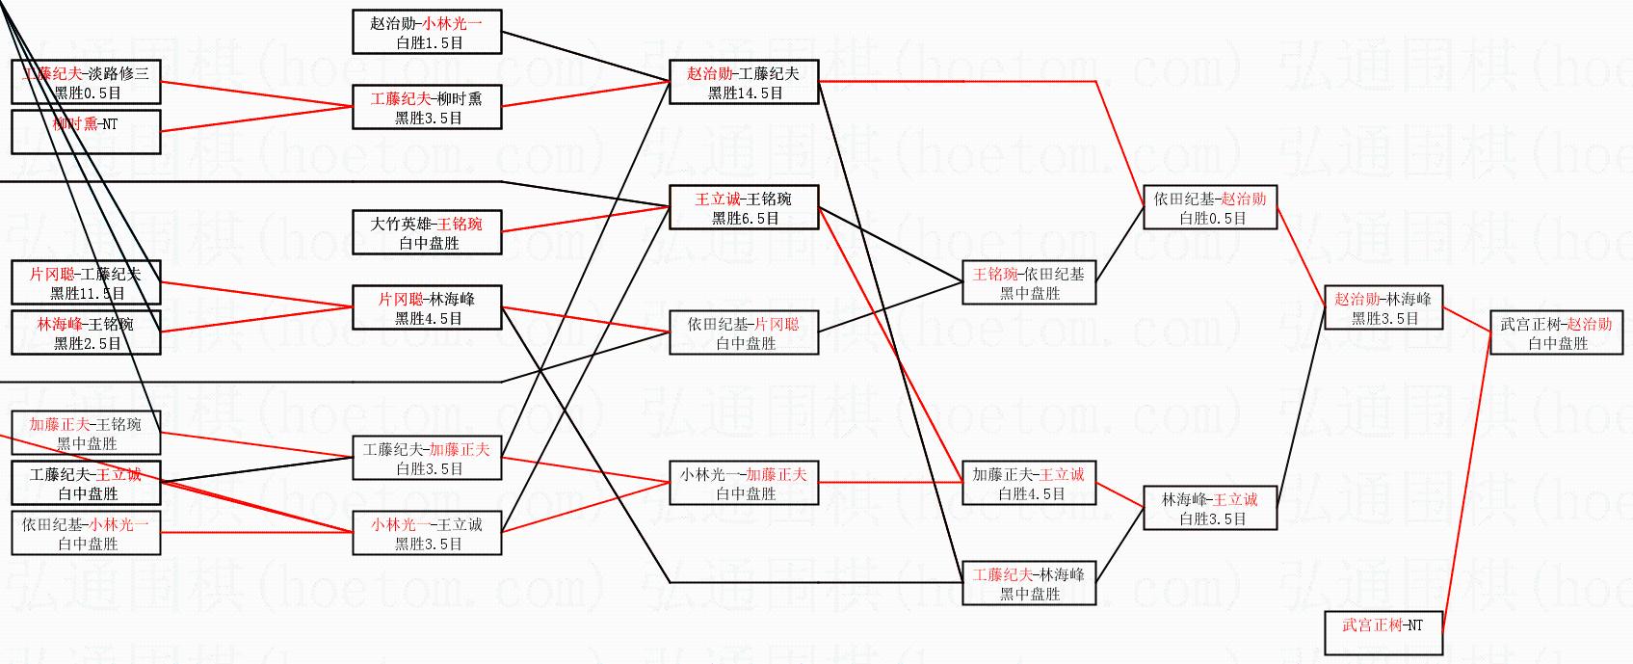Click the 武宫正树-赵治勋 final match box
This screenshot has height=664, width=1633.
(x=1555, y=333)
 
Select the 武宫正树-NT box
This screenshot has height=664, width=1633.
(x=1383, y=633)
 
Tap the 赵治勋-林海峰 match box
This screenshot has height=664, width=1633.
(x=1383, y=308)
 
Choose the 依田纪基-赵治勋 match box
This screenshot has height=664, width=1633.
(x=1210, y=208)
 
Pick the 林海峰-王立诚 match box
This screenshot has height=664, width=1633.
(x=1210, y=509)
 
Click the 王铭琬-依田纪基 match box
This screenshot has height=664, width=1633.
(x=1029, y=283)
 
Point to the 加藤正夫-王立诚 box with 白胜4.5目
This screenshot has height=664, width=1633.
(x=1029, y=484)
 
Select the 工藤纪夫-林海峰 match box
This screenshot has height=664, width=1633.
(x=1029, y=584)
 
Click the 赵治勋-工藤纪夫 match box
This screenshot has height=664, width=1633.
(x=744, y=83)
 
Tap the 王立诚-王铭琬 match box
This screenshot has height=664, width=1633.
(x=744, y=208)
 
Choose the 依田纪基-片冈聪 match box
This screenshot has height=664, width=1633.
(x=744, y=333)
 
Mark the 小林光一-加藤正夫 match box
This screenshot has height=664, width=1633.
(x=744, y=484)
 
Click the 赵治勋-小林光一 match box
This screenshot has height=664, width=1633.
(x=427, y=33)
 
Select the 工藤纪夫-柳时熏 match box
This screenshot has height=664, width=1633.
(x=427, y=108)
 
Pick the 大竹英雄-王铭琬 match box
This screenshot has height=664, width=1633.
(x=427, y=233)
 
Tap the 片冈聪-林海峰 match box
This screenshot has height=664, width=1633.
(x=427, y=308)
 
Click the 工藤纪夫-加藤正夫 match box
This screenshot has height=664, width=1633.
(x=427, y=459)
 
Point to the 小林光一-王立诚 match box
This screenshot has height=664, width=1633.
(x=427, y=534)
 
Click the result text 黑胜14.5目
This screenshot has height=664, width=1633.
(x=745, y=93)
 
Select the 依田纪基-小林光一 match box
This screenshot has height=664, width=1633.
(x=86, y=534)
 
